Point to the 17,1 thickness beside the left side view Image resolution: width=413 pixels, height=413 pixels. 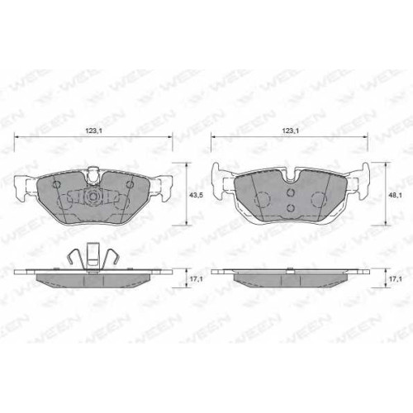pos(197,279)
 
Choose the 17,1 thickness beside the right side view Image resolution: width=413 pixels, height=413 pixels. pos(395,279)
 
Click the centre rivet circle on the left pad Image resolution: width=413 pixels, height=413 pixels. pos(93,197)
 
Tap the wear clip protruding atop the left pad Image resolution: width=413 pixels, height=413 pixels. pos(93,175)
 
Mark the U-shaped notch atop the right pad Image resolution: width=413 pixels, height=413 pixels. pos(290,175)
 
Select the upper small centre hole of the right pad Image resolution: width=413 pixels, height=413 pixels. pos(290,192)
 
